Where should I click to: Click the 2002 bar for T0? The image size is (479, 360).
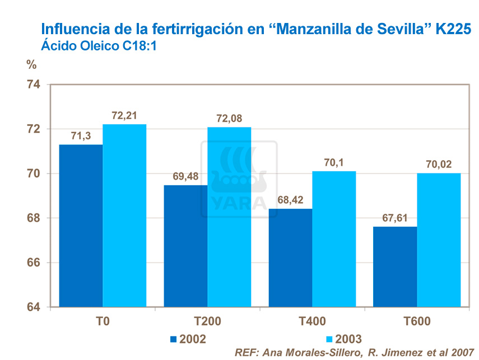click(81, 226)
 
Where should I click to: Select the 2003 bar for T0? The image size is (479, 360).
click(124, 216)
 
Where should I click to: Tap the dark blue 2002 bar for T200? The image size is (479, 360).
click(185, 246)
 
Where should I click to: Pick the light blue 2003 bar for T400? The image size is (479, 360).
click(334, 239)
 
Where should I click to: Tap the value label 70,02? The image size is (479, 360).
click(439, 165)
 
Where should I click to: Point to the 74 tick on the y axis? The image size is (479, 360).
click(34, 85)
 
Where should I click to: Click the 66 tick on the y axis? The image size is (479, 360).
click(34, 263)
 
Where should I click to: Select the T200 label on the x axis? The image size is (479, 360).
click(207, 321)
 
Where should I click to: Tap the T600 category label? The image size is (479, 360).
click(417, 321)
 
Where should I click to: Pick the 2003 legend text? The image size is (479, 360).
click(349, 339)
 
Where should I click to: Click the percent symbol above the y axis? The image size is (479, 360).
click(31, 63)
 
